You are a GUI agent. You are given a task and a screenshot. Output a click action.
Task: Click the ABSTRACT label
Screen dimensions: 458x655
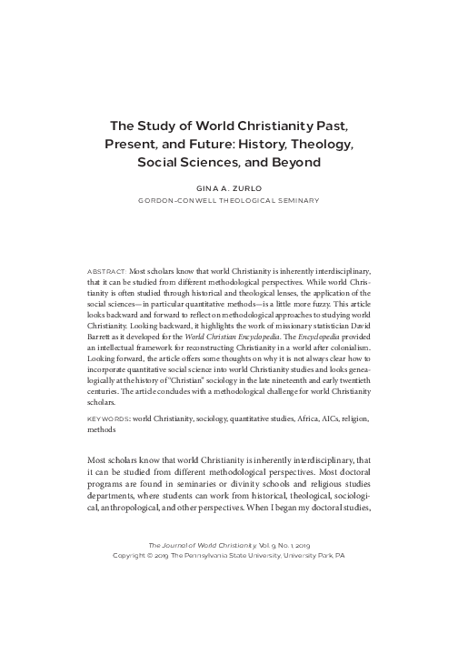pos(107,271)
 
